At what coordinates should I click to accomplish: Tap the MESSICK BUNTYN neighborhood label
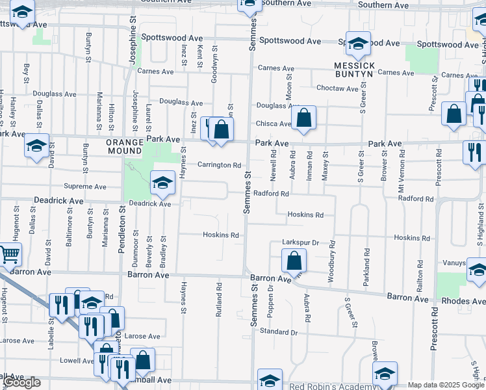point(355,70)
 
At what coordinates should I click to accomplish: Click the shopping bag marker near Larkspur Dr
point(294,261)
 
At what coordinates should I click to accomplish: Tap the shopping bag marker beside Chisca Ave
point(303,118)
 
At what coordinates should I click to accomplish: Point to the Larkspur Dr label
point(300,242)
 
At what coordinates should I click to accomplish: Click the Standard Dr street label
point(278,331)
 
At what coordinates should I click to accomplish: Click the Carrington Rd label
point(220,165)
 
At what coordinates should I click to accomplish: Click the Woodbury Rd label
point(332,255)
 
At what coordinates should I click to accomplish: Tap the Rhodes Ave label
point(463,302)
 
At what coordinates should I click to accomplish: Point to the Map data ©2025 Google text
point(446,385)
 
